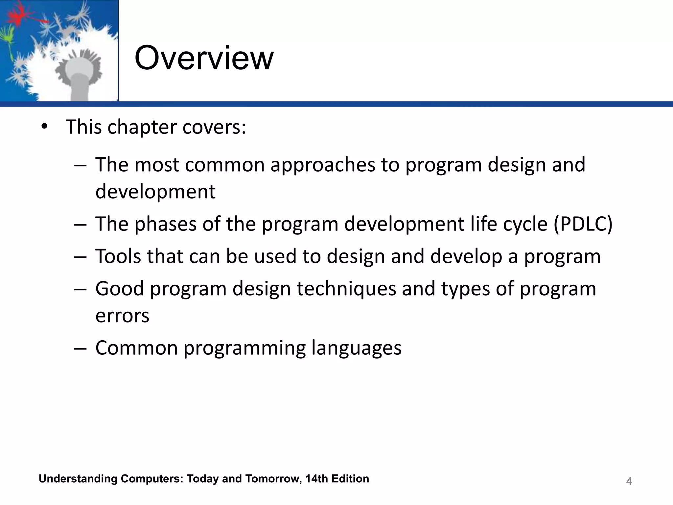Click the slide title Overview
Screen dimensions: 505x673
[x=204, y=58]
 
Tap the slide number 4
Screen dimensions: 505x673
[x=629, y=481]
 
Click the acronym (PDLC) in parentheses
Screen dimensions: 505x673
[x=583, y=224]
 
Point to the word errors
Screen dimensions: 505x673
[x=122, y=316]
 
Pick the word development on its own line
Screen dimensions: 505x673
[x=155, y=191]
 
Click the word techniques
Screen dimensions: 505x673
[x=346, y=289]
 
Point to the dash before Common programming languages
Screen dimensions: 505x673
[x=80, y=348]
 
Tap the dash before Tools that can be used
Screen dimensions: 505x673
[x=80, y=257]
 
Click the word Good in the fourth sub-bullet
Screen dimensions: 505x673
[x=120, y=289]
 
